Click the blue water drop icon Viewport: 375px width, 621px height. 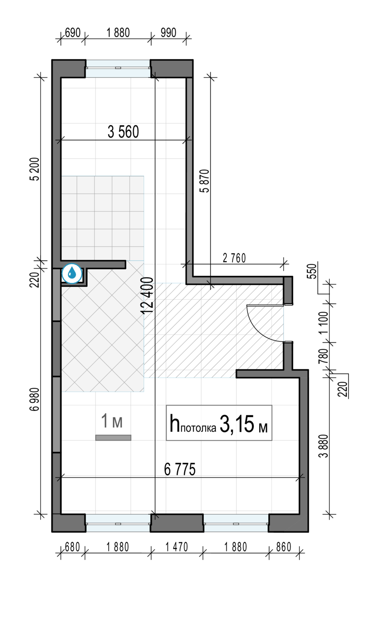(x=72, y=274)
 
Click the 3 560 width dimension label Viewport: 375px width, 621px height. (x=123, y=132)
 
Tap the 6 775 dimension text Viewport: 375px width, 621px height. (x=180, y=469)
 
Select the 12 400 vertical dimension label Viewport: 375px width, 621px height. (x=147, y=295)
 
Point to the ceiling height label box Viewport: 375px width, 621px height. (x=219, y=423)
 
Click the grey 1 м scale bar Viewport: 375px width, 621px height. (x=113, y=438)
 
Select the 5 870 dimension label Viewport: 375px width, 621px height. (x=205, y=181)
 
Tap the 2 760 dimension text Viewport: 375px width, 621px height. (x=234, y=258)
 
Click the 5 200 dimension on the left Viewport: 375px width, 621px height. (x=36, y=169)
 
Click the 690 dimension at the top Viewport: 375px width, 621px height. (x=72, y=33)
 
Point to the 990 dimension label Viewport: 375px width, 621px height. (x=168, y=33)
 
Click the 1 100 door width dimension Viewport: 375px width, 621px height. (x=323, y=323)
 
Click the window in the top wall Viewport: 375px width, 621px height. (x=118, y=68)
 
